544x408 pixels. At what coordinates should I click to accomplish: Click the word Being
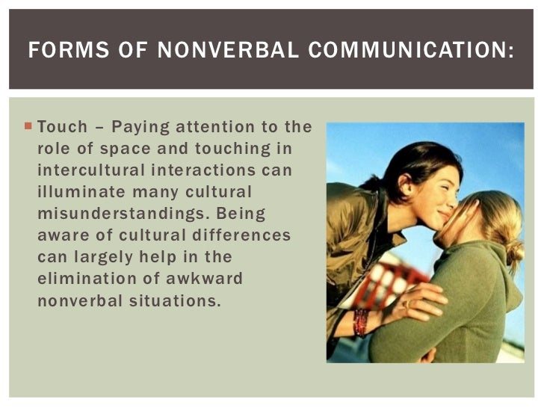(241, 214)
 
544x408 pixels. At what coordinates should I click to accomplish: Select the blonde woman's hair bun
(514, 251)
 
